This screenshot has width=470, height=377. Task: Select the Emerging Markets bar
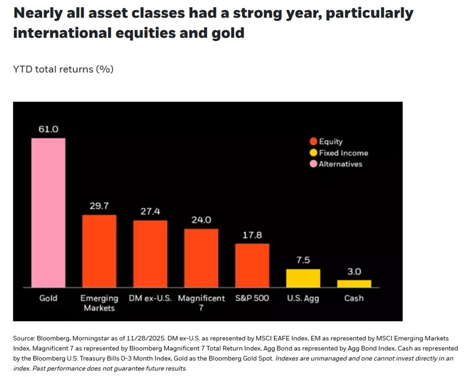tap(99, 251)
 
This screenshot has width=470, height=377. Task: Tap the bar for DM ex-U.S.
tap(150, 254)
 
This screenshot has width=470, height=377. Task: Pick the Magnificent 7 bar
tap(201, 258)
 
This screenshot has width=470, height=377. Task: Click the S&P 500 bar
tap(252, 266)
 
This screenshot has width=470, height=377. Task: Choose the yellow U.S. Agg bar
tap(303, 278)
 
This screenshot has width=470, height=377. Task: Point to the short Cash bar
tap(354, 284)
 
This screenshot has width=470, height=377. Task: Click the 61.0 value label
tap(48, 129)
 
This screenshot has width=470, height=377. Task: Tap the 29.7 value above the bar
tap(99, 206)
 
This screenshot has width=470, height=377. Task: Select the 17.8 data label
tap(252, 235)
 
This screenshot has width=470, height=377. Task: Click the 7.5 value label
tap(303, 261)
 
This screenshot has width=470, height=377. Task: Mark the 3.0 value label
tap(354, 272)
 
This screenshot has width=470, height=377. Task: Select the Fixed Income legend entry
tap(339, 153)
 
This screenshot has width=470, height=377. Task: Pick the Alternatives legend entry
tap(336, 164)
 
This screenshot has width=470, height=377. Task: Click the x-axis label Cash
tap(354, 298)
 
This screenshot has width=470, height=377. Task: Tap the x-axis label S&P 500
tap(252, 298)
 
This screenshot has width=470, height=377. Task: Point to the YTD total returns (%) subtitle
tap(63, 69)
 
